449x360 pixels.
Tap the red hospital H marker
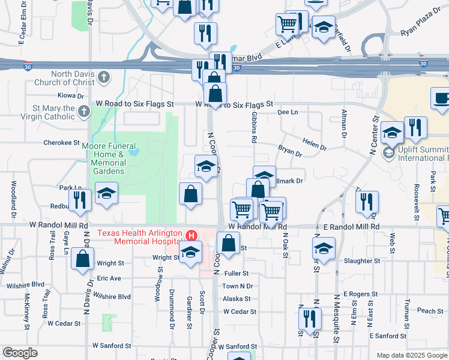pos(192,235)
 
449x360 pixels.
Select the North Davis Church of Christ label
pos(74,78)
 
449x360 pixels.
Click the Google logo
pos(20,353)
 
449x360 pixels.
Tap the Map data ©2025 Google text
pos(411,355)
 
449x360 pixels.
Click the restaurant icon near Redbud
pos(80,199)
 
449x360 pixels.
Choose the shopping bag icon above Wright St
pos(83,259)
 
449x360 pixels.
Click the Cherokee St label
pos(62,143)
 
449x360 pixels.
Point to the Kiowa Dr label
pos(71,96)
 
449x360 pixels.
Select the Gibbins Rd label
pos(255,126)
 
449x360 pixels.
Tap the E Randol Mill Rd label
pos(352,227)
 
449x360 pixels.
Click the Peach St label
pos(430,311)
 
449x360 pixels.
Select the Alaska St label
pos(237,299)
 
